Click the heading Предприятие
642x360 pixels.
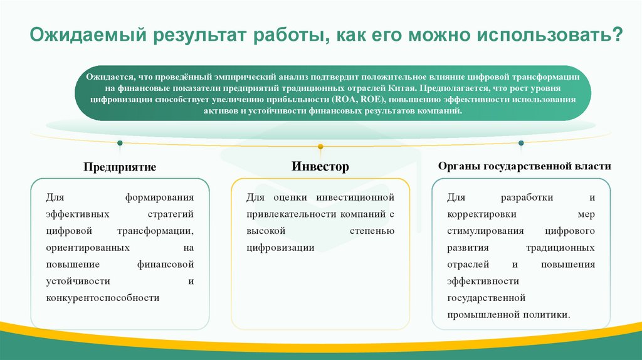pyautogui.click(x=119, y=167)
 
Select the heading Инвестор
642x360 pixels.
pyautogui.click(x=320, y=167)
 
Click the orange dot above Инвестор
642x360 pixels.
pyautogui.click(x=320, y=147)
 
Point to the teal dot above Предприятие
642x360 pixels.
pyautogui.click(x=120, y=143)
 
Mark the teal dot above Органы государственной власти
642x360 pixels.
pyautogui.click(x=522, y=143)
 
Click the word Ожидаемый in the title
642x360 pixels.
pyautogui.click(x=88, y=35)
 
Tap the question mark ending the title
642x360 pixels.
pyautogui.click(x=618, y=35)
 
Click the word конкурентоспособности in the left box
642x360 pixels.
pyautogui.click(x=103, y=298)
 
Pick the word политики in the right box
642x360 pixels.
pyautogui.click(x=550, y=314)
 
